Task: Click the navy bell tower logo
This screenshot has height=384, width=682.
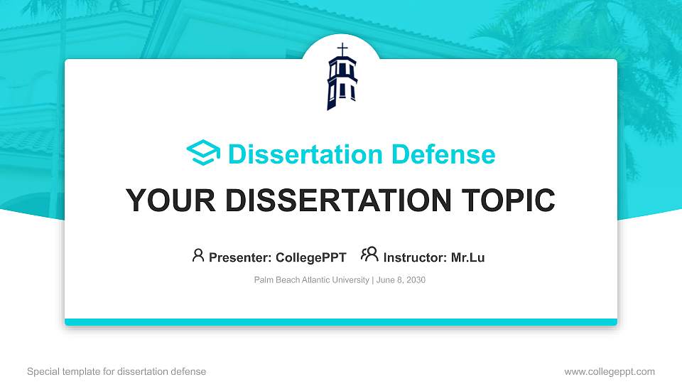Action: [342, 77]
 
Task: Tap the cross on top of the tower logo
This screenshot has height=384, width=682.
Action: [342, 49]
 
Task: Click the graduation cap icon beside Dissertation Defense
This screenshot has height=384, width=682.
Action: [203, 152]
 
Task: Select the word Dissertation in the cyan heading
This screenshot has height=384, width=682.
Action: [305, 154]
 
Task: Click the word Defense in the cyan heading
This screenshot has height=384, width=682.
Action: [443, 154]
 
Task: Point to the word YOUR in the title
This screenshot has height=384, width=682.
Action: [170, 201]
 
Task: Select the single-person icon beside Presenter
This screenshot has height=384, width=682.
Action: [198, 255]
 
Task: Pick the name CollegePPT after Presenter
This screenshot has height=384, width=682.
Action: [311, 257]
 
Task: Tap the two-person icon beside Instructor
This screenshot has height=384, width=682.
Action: [369, 254]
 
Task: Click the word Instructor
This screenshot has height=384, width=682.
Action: [416, 257]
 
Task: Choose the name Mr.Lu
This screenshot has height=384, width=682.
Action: [467, 257]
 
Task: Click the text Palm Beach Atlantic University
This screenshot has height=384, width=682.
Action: [311, 280]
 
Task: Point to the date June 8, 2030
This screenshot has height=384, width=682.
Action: [401, 280]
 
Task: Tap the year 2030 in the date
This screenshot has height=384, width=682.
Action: [416, 280]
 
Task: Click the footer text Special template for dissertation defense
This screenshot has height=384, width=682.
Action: [117, 371]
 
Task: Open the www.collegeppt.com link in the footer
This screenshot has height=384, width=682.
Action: [610, 371]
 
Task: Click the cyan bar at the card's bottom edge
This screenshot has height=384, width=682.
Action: [341, 322]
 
